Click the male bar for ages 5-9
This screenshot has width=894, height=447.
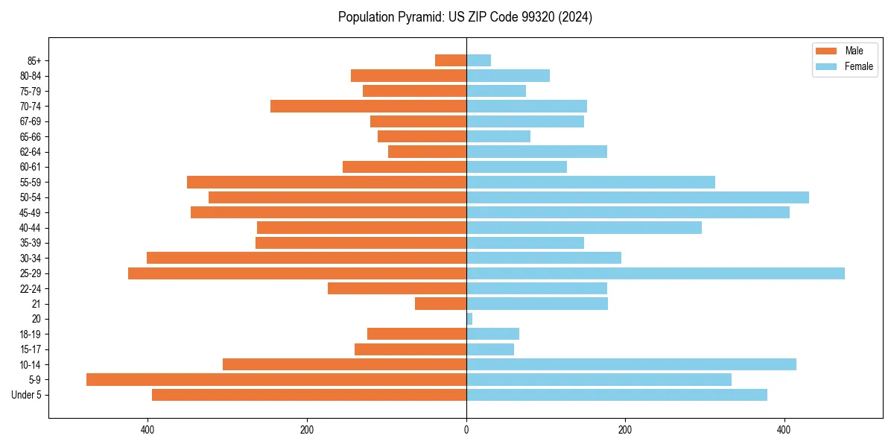(276, 379)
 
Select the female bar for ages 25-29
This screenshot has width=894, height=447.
(655, 273)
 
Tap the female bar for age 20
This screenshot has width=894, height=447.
(469, 319)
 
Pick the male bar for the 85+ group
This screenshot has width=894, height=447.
(451, 60)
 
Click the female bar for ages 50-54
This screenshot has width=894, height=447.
(637, 197)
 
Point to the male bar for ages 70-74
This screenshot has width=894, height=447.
(368, 106)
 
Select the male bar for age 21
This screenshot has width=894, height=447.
(440, 303)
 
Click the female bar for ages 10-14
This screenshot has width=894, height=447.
(631, 364)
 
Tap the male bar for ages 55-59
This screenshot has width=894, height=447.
(326, 182)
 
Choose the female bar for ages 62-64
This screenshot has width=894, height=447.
(536, 151)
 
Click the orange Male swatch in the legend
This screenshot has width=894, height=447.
(826, 51)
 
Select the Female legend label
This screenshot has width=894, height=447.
(858, 66)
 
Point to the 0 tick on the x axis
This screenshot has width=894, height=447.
(466, 430)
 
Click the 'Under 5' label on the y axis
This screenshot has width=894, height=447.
(27, 395)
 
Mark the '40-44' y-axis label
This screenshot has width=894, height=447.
(31, 228)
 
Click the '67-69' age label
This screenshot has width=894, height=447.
(31, 121)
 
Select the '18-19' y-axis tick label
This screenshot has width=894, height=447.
(31, 335)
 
